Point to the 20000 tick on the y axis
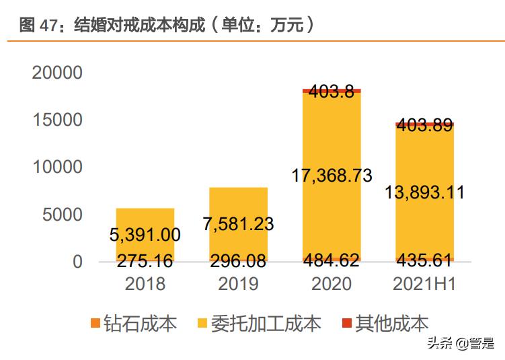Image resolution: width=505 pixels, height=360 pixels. click(57, 73)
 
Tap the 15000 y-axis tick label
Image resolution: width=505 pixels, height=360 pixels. click(57, 120)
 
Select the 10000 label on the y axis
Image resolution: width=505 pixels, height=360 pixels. click(57, 167)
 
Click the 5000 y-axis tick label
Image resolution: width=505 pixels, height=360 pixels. click(63, 215)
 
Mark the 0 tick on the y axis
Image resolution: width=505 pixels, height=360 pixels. click(77, 262)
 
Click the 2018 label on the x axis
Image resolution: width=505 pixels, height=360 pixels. click(145, 284)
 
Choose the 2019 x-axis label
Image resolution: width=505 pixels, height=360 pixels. click(238, 284)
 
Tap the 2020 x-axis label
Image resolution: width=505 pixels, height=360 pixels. click(332, 284)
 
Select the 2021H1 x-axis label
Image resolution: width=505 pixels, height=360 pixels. click(424, 284)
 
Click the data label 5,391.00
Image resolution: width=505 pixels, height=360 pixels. click(145, 235)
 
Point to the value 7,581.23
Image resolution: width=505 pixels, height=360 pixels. click(238, 223)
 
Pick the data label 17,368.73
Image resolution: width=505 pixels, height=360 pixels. click(332, 176)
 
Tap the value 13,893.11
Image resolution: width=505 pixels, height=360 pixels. click(424, 192)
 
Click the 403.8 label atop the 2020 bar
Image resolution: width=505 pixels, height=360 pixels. click(332, 92)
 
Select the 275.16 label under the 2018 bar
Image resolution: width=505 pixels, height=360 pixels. click(145, 261)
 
